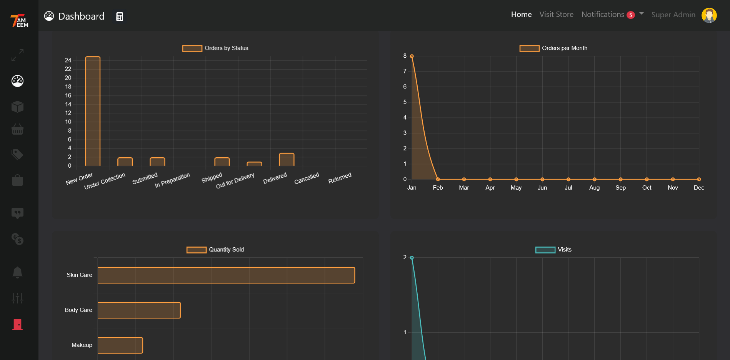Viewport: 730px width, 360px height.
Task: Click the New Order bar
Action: point(93,112)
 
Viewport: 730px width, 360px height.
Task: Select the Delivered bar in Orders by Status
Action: point(287,160)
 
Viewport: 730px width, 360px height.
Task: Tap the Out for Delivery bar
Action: point(254,164)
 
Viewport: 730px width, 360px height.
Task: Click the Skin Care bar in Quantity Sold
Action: point(226,275)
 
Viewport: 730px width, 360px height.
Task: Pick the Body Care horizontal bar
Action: point(139,310)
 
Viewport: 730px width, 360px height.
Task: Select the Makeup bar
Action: point(120,345)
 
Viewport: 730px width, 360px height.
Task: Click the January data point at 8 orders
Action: point(412,56)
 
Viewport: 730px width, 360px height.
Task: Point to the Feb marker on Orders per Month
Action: point(438,179)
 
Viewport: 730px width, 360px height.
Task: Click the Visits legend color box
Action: point(545,250)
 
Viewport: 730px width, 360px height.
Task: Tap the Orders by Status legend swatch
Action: point(192,48)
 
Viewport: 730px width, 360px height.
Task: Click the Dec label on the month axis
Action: point(698,188)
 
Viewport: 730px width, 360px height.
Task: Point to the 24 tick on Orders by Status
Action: point(68,60)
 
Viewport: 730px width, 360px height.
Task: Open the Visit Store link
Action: point(556,15)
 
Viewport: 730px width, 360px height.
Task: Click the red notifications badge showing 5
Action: point(630,15)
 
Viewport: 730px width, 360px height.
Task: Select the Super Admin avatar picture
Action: point(709,15)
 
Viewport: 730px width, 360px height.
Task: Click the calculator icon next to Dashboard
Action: point(120,17)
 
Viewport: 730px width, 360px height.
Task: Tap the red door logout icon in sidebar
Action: point(17,324)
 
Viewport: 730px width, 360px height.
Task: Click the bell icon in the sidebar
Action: point(17,272)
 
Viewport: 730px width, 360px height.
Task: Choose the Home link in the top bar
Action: point(521,15)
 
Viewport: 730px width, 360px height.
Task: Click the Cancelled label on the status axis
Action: point(307,178)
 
